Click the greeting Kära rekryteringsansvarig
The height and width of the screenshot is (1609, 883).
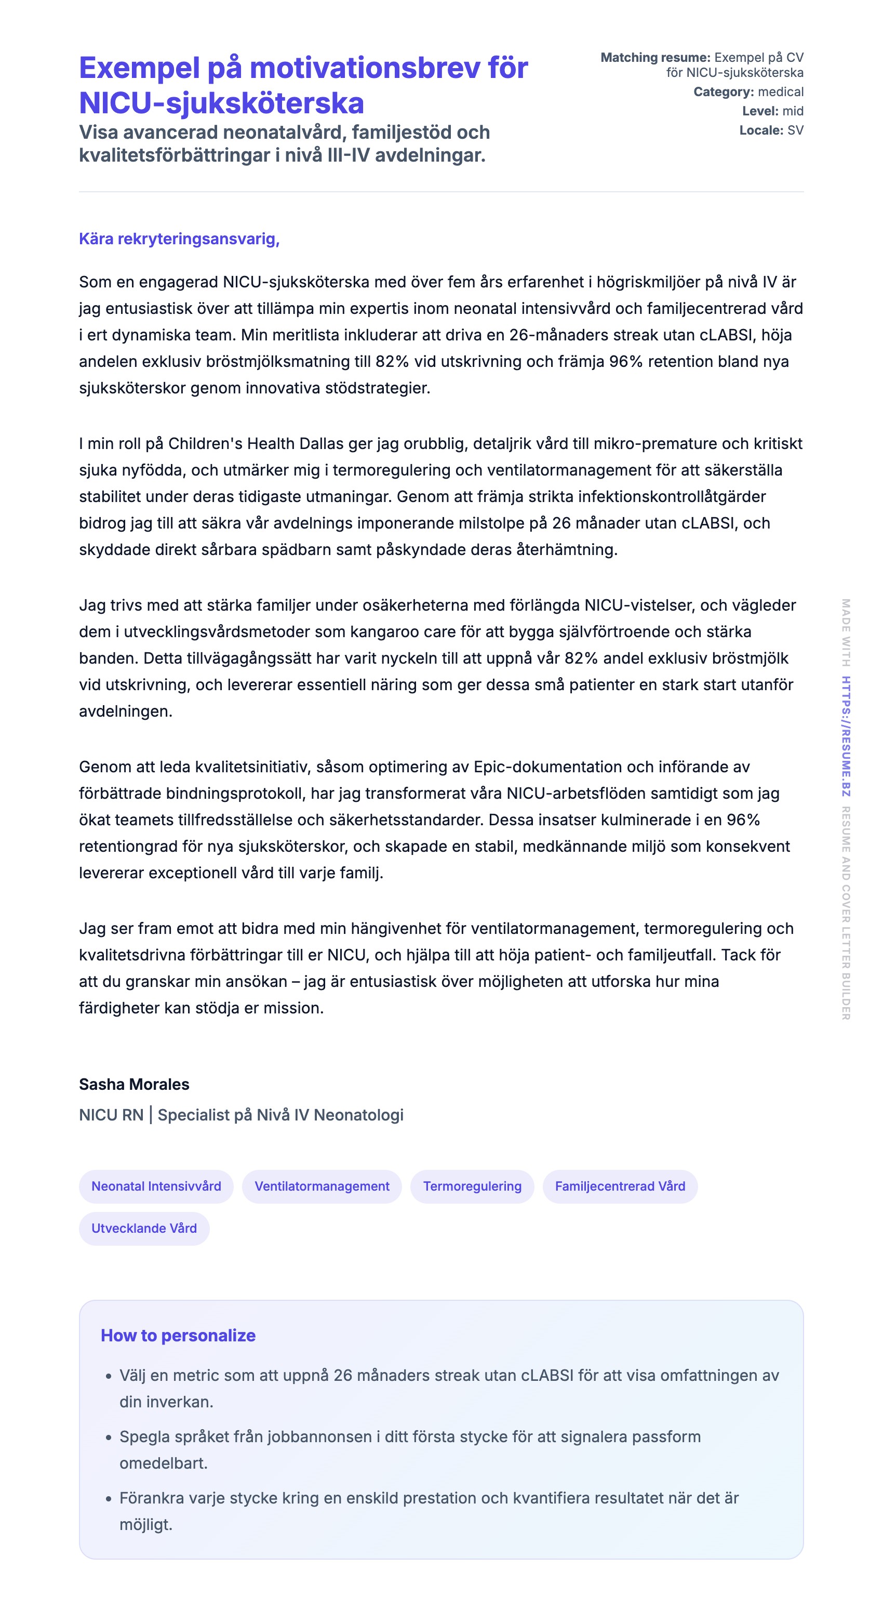(x=179, y=239)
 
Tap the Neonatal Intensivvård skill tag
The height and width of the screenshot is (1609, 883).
(x=156, y=1186)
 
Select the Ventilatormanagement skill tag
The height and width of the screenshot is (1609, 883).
(x=322, y=1186)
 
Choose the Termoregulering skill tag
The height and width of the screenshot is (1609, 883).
(x=472, y=1186)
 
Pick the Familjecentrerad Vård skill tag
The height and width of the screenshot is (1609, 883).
(x=620, y=1186)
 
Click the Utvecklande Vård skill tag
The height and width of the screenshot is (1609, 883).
(x=144, y=1228)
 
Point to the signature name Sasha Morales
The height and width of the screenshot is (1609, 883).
(x=133, y=1084)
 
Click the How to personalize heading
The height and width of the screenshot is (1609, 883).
(x=178, y=1336)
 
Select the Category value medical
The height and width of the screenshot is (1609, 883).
(x=781, y=92)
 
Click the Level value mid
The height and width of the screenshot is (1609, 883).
(x=793, y=111)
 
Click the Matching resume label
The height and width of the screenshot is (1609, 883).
(x=655, y=58)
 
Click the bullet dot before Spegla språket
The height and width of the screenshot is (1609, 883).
(x=109, y=1437)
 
